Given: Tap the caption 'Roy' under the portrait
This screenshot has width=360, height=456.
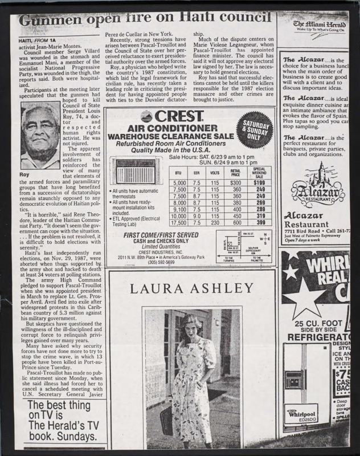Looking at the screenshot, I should tap(24, 176).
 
